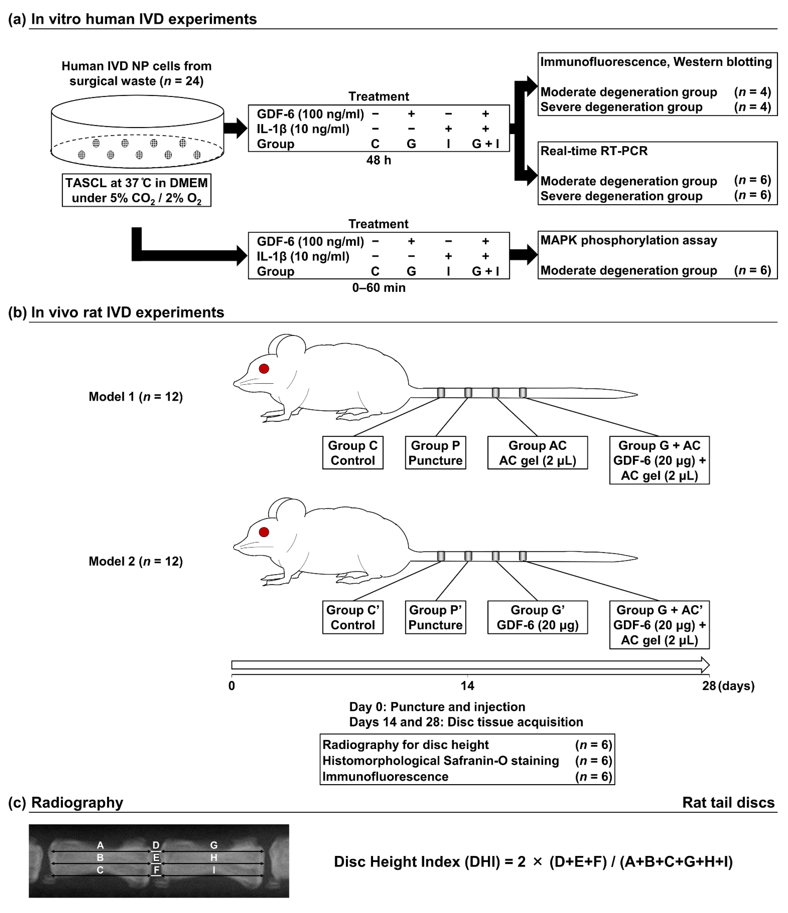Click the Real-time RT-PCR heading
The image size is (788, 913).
point(594,151)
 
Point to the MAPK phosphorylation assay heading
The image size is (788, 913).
point(628,241)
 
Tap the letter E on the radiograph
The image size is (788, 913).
point(156,857)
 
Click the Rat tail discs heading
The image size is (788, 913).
point(728,802)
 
